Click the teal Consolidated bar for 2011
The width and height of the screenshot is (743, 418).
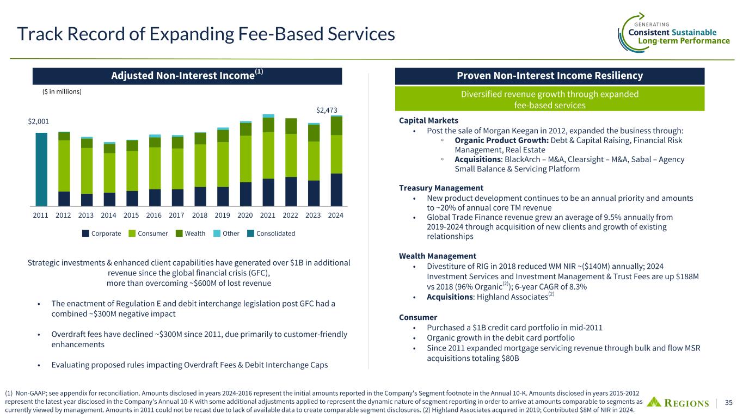[41, 170]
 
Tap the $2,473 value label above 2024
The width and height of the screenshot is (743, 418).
[327, 110]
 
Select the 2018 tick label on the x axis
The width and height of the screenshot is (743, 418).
[200, 216]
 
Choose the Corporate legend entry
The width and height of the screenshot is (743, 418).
[102, 233]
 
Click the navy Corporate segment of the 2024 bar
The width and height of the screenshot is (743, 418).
[336, 190]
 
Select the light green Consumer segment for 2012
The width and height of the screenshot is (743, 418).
[64, 166]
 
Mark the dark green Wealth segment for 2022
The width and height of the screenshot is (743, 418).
[291, 126]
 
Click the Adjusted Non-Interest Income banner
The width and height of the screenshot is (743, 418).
[187, 76]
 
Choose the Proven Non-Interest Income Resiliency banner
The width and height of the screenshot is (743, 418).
[549, 76]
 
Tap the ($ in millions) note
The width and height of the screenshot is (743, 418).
[62, 91]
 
